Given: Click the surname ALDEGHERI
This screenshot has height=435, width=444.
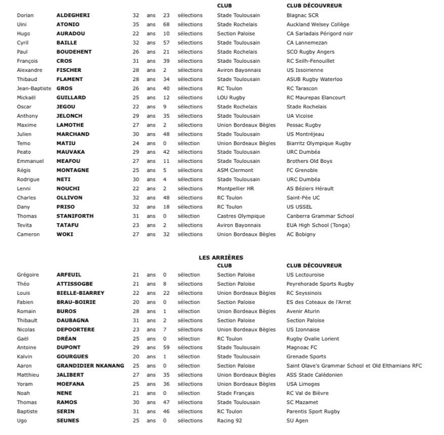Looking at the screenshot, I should coord(73,15).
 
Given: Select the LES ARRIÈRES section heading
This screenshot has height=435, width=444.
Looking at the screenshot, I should coord(221,257).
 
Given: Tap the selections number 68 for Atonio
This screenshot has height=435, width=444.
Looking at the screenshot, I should coord(166,24).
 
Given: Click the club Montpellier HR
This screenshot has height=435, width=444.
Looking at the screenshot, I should coord(235,189).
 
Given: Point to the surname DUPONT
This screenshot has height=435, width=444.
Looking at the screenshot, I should coord(68,347).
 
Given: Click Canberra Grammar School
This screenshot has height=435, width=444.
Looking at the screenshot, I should coord(320,216).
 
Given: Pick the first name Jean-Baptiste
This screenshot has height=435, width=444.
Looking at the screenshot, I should coord(34,89).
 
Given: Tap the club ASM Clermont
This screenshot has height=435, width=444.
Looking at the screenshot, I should coord(235,170).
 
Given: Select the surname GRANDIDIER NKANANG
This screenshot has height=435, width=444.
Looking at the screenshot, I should coord(90,366).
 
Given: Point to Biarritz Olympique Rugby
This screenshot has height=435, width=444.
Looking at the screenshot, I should coord(318,143).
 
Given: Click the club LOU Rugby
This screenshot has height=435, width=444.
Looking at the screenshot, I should coord(231,98).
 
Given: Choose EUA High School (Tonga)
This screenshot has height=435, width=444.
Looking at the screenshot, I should coord(318,225).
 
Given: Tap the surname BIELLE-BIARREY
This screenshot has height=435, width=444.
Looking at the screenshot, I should coord(80,293).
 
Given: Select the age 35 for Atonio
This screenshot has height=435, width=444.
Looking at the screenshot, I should coord(136,24).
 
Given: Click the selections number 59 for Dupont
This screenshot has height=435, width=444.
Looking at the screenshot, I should coord(166,347).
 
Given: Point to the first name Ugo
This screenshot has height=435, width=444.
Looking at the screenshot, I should coord(22,421).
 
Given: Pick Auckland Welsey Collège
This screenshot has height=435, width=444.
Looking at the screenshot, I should coord(318,24).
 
